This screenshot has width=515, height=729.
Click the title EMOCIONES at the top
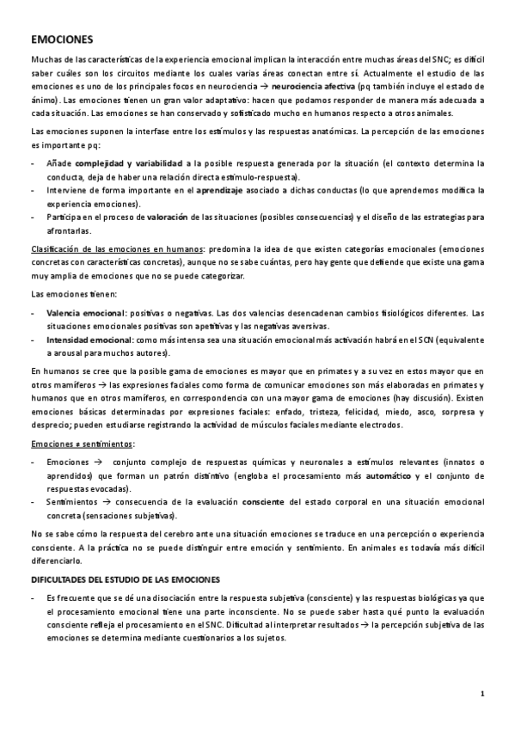pyautogui.click(x=62, y=40)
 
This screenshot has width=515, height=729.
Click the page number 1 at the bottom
pyautogui.click(x=483, y=695)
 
